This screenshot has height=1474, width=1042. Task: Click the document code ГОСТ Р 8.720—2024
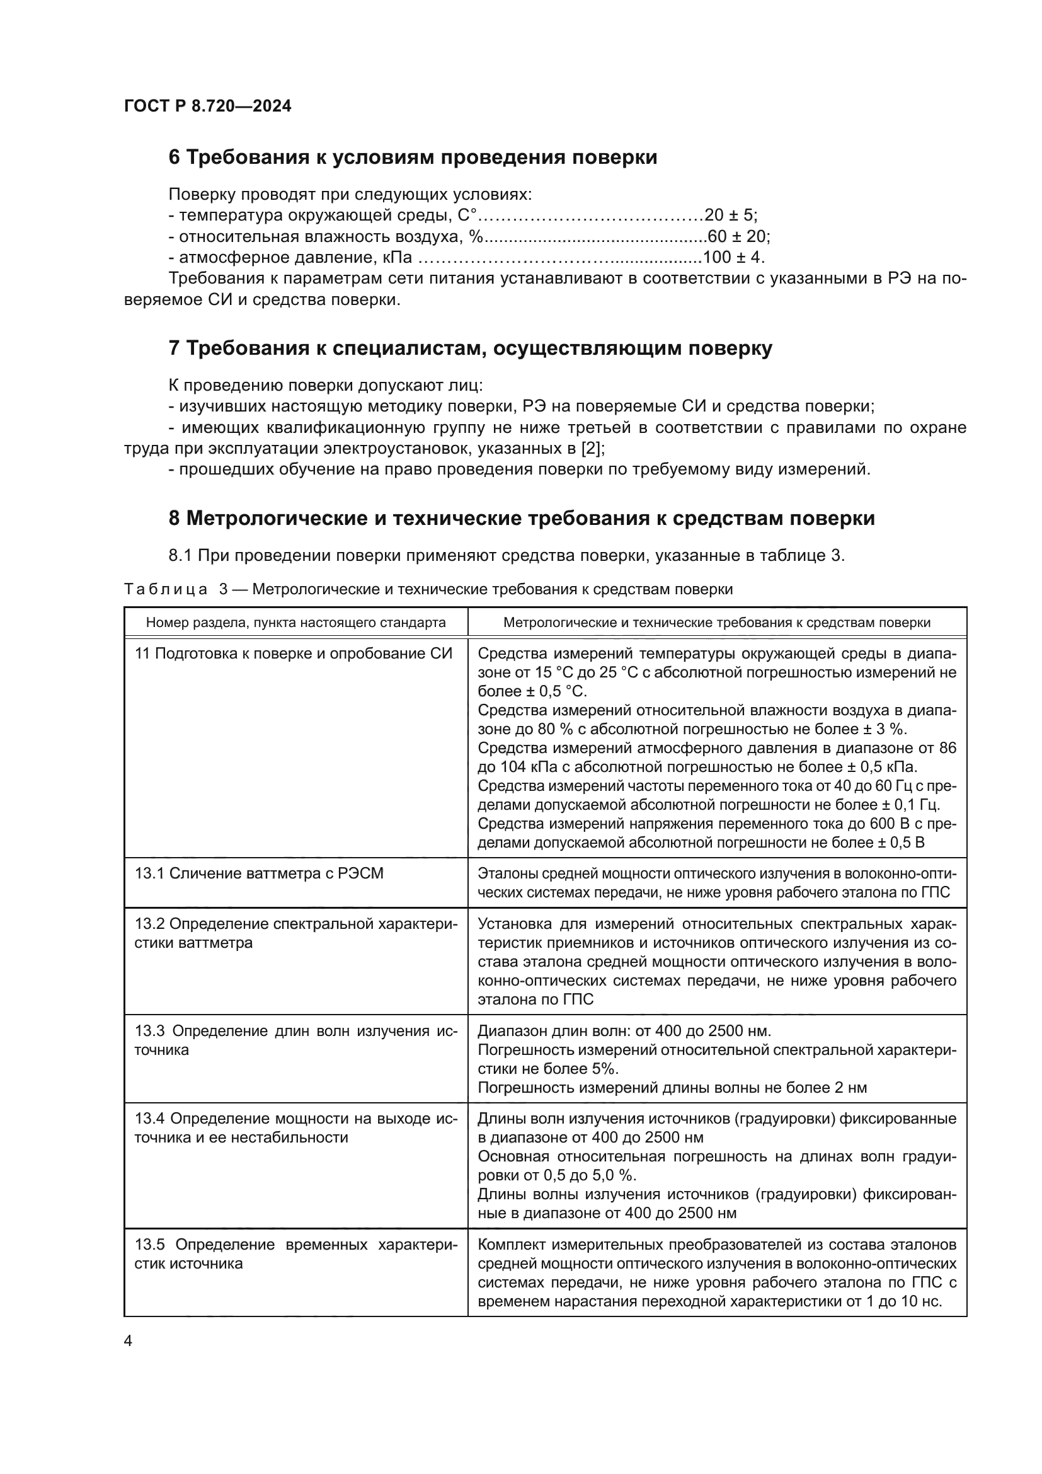207,107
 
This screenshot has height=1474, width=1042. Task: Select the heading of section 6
413,158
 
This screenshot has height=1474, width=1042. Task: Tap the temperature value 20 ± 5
730,215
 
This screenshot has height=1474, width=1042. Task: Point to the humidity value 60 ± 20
738,236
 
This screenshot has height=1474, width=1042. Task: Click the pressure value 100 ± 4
733,258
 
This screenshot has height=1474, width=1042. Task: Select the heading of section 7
470,348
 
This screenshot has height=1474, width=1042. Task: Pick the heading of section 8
521,518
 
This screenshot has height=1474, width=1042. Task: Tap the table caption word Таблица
166,589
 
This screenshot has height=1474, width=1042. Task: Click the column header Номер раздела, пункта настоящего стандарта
296,622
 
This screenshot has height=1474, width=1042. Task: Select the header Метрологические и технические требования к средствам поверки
717,622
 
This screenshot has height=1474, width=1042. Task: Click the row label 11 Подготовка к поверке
293,654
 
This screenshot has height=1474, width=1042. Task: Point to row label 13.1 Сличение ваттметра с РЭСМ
258,873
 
